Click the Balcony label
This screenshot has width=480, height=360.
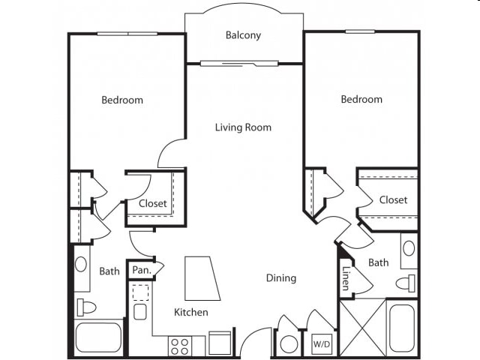pyautogui.click(x=243, y=35)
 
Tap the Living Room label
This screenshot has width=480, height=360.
pyautogui.click(x=243, y=127)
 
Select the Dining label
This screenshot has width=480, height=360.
pyautogui.click(x=281, y=278)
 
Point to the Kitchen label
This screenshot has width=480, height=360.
pyautogui.click(x=191, y=312)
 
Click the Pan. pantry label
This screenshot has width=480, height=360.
pyautogui.click(x=142, y=270)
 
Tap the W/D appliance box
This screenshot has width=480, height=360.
pyautogui.click(x=322, y=344)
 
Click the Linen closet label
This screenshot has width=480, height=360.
pyautogui.click(x=345, y=278)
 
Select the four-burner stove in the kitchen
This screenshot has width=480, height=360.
pyautogui.click(x=180, y=346)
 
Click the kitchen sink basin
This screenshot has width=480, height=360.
pyautogui.click(x=140, y=312)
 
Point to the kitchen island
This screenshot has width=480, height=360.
pyautogui.click(x=202, y=278)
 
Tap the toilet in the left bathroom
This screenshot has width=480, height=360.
pyautogui.click(x=86, y=307)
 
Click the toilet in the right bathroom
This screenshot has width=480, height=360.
pyautogui.click(x=405, y=283)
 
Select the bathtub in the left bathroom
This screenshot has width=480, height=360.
pyautogui.click(x=98, y=337)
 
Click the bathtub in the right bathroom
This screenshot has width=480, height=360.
pyautogui.click(x=402, y=329)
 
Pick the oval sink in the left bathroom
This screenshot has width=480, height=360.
pyautogui.click(x=81, y=264)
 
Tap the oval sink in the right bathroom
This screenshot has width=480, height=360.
pyautogui.click(x=409, y=248)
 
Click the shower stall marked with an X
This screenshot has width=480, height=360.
pyautogui.click(x=363, y=328)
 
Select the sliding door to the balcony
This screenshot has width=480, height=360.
pyautogui.click(x=239, y=64)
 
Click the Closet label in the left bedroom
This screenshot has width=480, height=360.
pyautogui.click(x=153, y=203)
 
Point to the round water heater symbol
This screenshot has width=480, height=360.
pyautogui.click(x=289, y=344)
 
